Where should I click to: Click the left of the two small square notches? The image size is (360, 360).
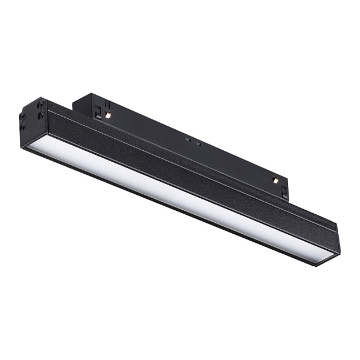click(187, 139)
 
